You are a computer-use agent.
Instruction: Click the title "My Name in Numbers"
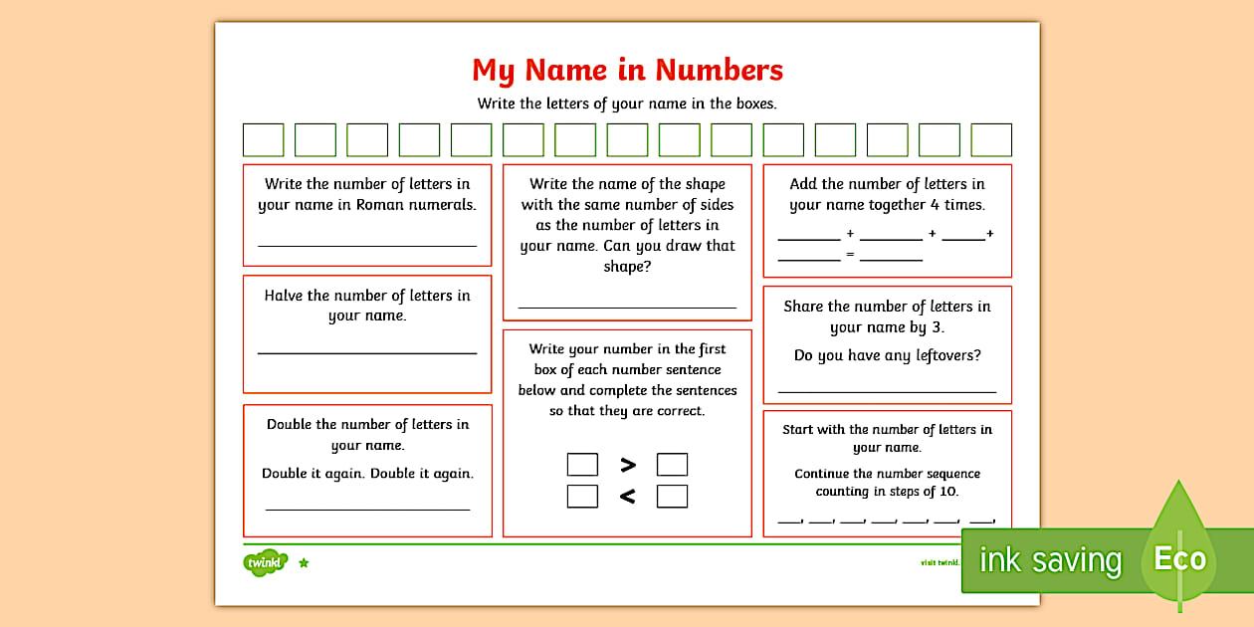point(627,70)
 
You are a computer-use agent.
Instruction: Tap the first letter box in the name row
point(263,140)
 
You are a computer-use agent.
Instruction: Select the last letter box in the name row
point(990,140)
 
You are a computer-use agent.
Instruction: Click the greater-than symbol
point(628,465)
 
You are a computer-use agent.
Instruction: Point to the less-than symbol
point(628,496)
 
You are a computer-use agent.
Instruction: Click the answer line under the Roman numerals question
point(367,245)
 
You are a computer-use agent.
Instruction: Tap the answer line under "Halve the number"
point(367,352)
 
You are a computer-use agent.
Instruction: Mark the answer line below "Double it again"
point(367,509)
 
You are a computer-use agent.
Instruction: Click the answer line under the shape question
point(627,308)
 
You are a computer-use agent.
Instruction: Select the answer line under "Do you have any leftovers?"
point(887,392)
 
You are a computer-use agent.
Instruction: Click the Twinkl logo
point(265,562)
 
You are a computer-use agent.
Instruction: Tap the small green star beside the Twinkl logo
point(304,563)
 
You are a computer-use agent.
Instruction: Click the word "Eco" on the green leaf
point(1179,558)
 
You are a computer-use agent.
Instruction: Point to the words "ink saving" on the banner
point(1050,560)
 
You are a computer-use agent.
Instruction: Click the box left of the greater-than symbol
point(582,465)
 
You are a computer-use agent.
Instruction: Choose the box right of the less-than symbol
point(672,496)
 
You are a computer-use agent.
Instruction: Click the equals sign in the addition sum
point(850,255)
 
